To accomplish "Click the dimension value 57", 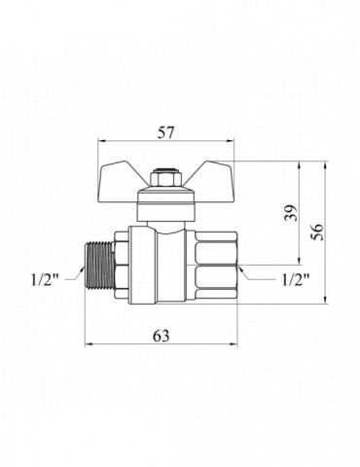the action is [x=166, y=133].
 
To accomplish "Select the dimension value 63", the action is [x=162, y=336].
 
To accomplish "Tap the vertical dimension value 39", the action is [x=291, y=212].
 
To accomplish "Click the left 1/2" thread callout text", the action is [x=45, y=279].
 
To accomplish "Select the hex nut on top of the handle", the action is [x=166, y=179].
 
